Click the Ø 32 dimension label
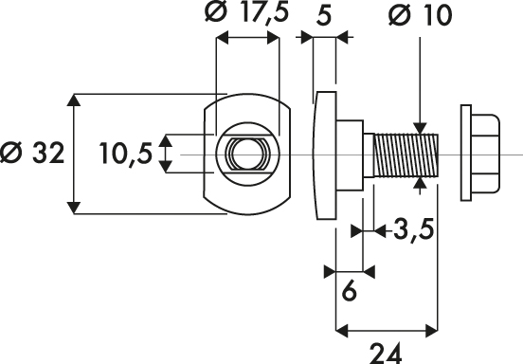coord(31,154)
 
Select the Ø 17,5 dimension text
coord(246,12)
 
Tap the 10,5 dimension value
coord(125,154)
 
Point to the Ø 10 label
coord(421,15)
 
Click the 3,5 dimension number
coord(414,229)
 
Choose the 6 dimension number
coord(350,291)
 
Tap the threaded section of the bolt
coord(406,155)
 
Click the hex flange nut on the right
coord(480,154)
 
